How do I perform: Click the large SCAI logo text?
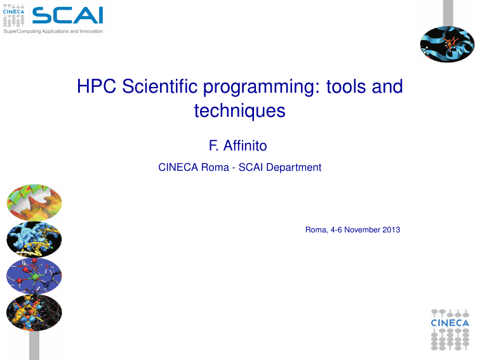[68, 15]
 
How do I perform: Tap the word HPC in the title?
[97, 86]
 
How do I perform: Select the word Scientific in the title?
[159, 86]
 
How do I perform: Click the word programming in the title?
[259, 88]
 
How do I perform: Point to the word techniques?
[240, 110]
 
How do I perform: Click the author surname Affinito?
[245, 145]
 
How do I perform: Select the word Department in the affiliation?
[293, 168]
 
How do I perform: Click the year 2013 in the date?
[391, 230]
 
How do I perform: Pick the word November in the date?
[362, 230]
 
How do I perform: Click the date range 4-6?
[336, 230]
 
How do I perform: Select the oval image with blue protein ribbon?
[447, 44]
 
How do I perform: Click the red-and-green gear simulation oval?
[34, 203]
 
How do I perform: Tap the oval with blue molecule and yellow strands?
[34, 239]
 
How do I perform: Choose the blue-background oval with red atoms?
[34, 276]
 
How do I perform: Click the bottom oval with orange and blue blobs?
[34, 312]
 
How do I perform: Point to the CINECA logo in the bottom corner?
[450, 330]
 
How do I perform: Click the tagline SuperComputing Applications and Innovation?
[53, 31]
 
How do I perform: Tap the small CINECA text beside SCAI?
[13, 11]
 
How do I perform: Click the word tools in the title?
[346, 86]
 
